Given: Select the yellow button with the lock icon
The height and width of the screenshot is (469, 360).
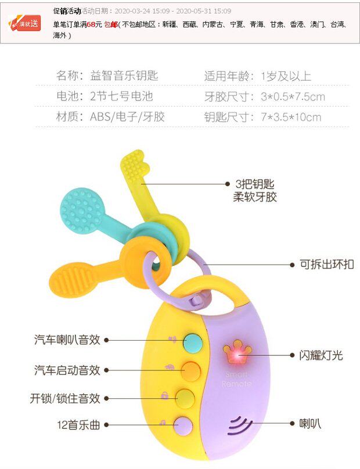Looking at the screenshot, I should pyautogui.click(x=185, y=398).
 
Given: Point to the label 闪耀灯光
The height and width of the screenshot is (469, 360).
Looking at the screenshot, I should pyautogui.click(x=321, y=355).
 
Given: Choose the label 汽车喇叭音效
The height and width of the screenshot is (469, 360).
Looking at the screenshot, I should pyautogui.click(x=67, y=340).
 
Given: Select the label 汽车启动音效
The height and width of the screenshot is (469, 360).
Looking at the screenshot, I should pyautogui.click(x=67, y=370).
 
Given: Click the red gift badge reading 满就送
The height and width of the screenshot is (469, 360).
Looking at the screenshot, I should pyautogui.click(x=24, y=23).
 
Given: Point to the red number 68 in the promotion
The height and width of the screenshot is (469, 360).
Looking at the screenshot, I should pyautogui.click(x=91, y=25).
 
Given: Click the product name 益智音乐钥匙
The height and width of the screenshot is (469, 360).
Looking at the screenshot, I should pyautogui.click(x=124, y=76).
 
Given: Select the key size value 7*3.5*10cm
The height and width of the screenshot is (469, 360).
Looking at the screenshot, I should pyautogui.click(x=291, y=117).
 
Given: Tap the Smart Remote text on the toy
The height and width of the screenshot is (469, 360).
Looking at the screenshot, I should pyautogui.click(x=236, y=379).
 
